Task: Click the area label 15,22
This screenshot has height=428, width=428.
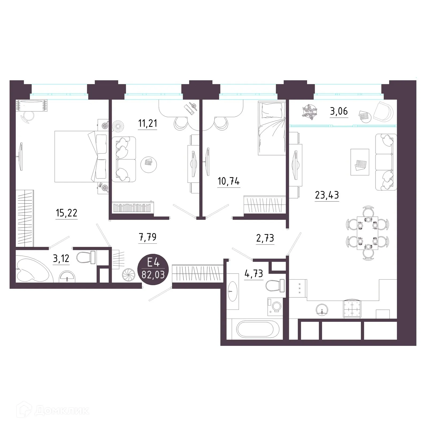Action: [67, 213]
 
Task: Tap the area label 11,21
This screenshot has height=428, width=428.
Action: [148, 124]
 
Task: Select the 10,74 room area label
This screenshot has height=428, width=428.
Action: [229, 181]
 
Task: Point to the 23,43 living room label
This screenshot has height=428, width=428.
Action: [327, 195]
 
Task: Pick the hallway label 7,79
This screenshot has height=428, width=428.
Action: [148, 237]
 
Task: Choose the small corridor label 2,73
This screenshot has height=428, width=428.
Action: [265, 238]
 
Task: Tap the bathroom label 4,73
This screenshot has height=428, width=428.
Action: [254, 274]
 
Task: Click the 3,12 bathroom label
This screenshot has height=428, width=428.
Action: [61, 259]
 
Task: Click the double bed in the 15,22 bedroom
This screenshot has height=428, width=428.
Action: [80, 156]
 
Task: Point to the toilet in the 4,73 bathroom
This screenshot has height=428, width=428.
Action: [275, 286]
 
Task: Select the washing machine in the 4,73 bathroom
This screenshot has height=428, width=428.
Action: [275, 305]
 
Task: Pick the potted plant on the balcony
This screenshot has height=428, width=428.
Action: [310, 111]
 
